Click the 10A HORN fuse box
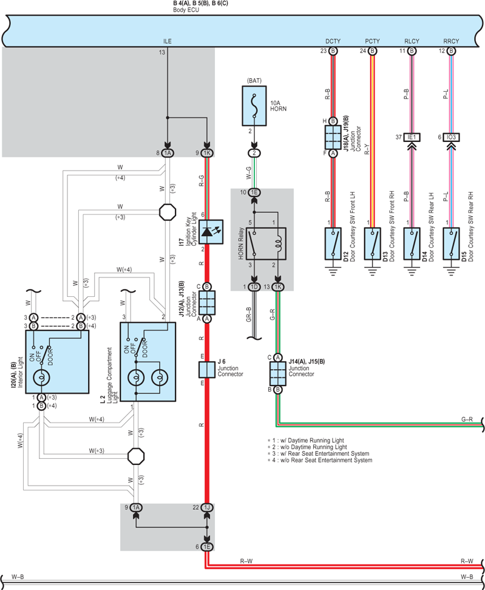[254, 106]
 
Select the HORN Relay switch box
[266, 243]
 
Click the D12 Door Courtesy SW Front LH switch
[333, 243]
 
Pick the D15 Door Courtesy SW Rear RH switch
[451, 243]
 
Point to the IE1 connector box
[412, 137]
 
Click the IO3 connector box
[451, 137]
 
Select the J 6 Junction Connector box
[206, 370]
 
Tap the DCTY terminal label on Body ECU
[333, 41]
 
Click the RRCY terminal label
[451, 41]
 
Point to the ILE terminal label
[168, 41]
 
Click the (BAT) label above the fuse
[254, 81]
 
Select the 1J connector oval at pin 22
[207, 507]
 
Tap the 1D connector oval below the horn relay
[254, 287]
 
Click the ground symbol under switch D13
[373, 271]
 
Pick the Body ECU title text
[186, 10]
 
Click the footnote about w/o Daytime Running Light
[307, 447]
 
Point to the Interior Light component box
[57, 362]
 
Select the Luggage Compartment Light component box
[148, 362]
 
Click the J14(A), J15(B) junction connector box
[277, 373]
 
